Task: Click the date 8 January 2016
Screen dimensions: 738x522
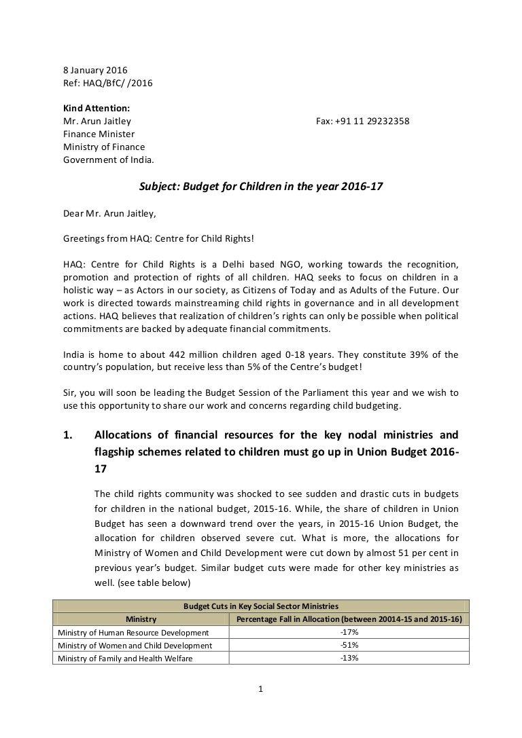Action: click(95, 70)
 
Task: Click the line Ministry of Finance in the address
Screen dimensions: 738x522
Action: click(104, 147)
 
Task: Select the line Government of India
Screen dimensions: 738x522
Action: click(109, 160)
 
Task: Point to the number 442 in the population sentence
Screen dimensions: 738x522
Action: click(152, 354)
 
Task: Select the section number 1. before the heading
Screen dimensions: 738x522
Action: click(67, 435)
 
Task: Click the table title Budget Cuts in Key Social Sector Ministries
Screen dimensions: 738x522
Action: click(261, 606)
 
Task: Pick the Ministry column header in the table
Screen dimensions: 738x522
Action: click(141, 619)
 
